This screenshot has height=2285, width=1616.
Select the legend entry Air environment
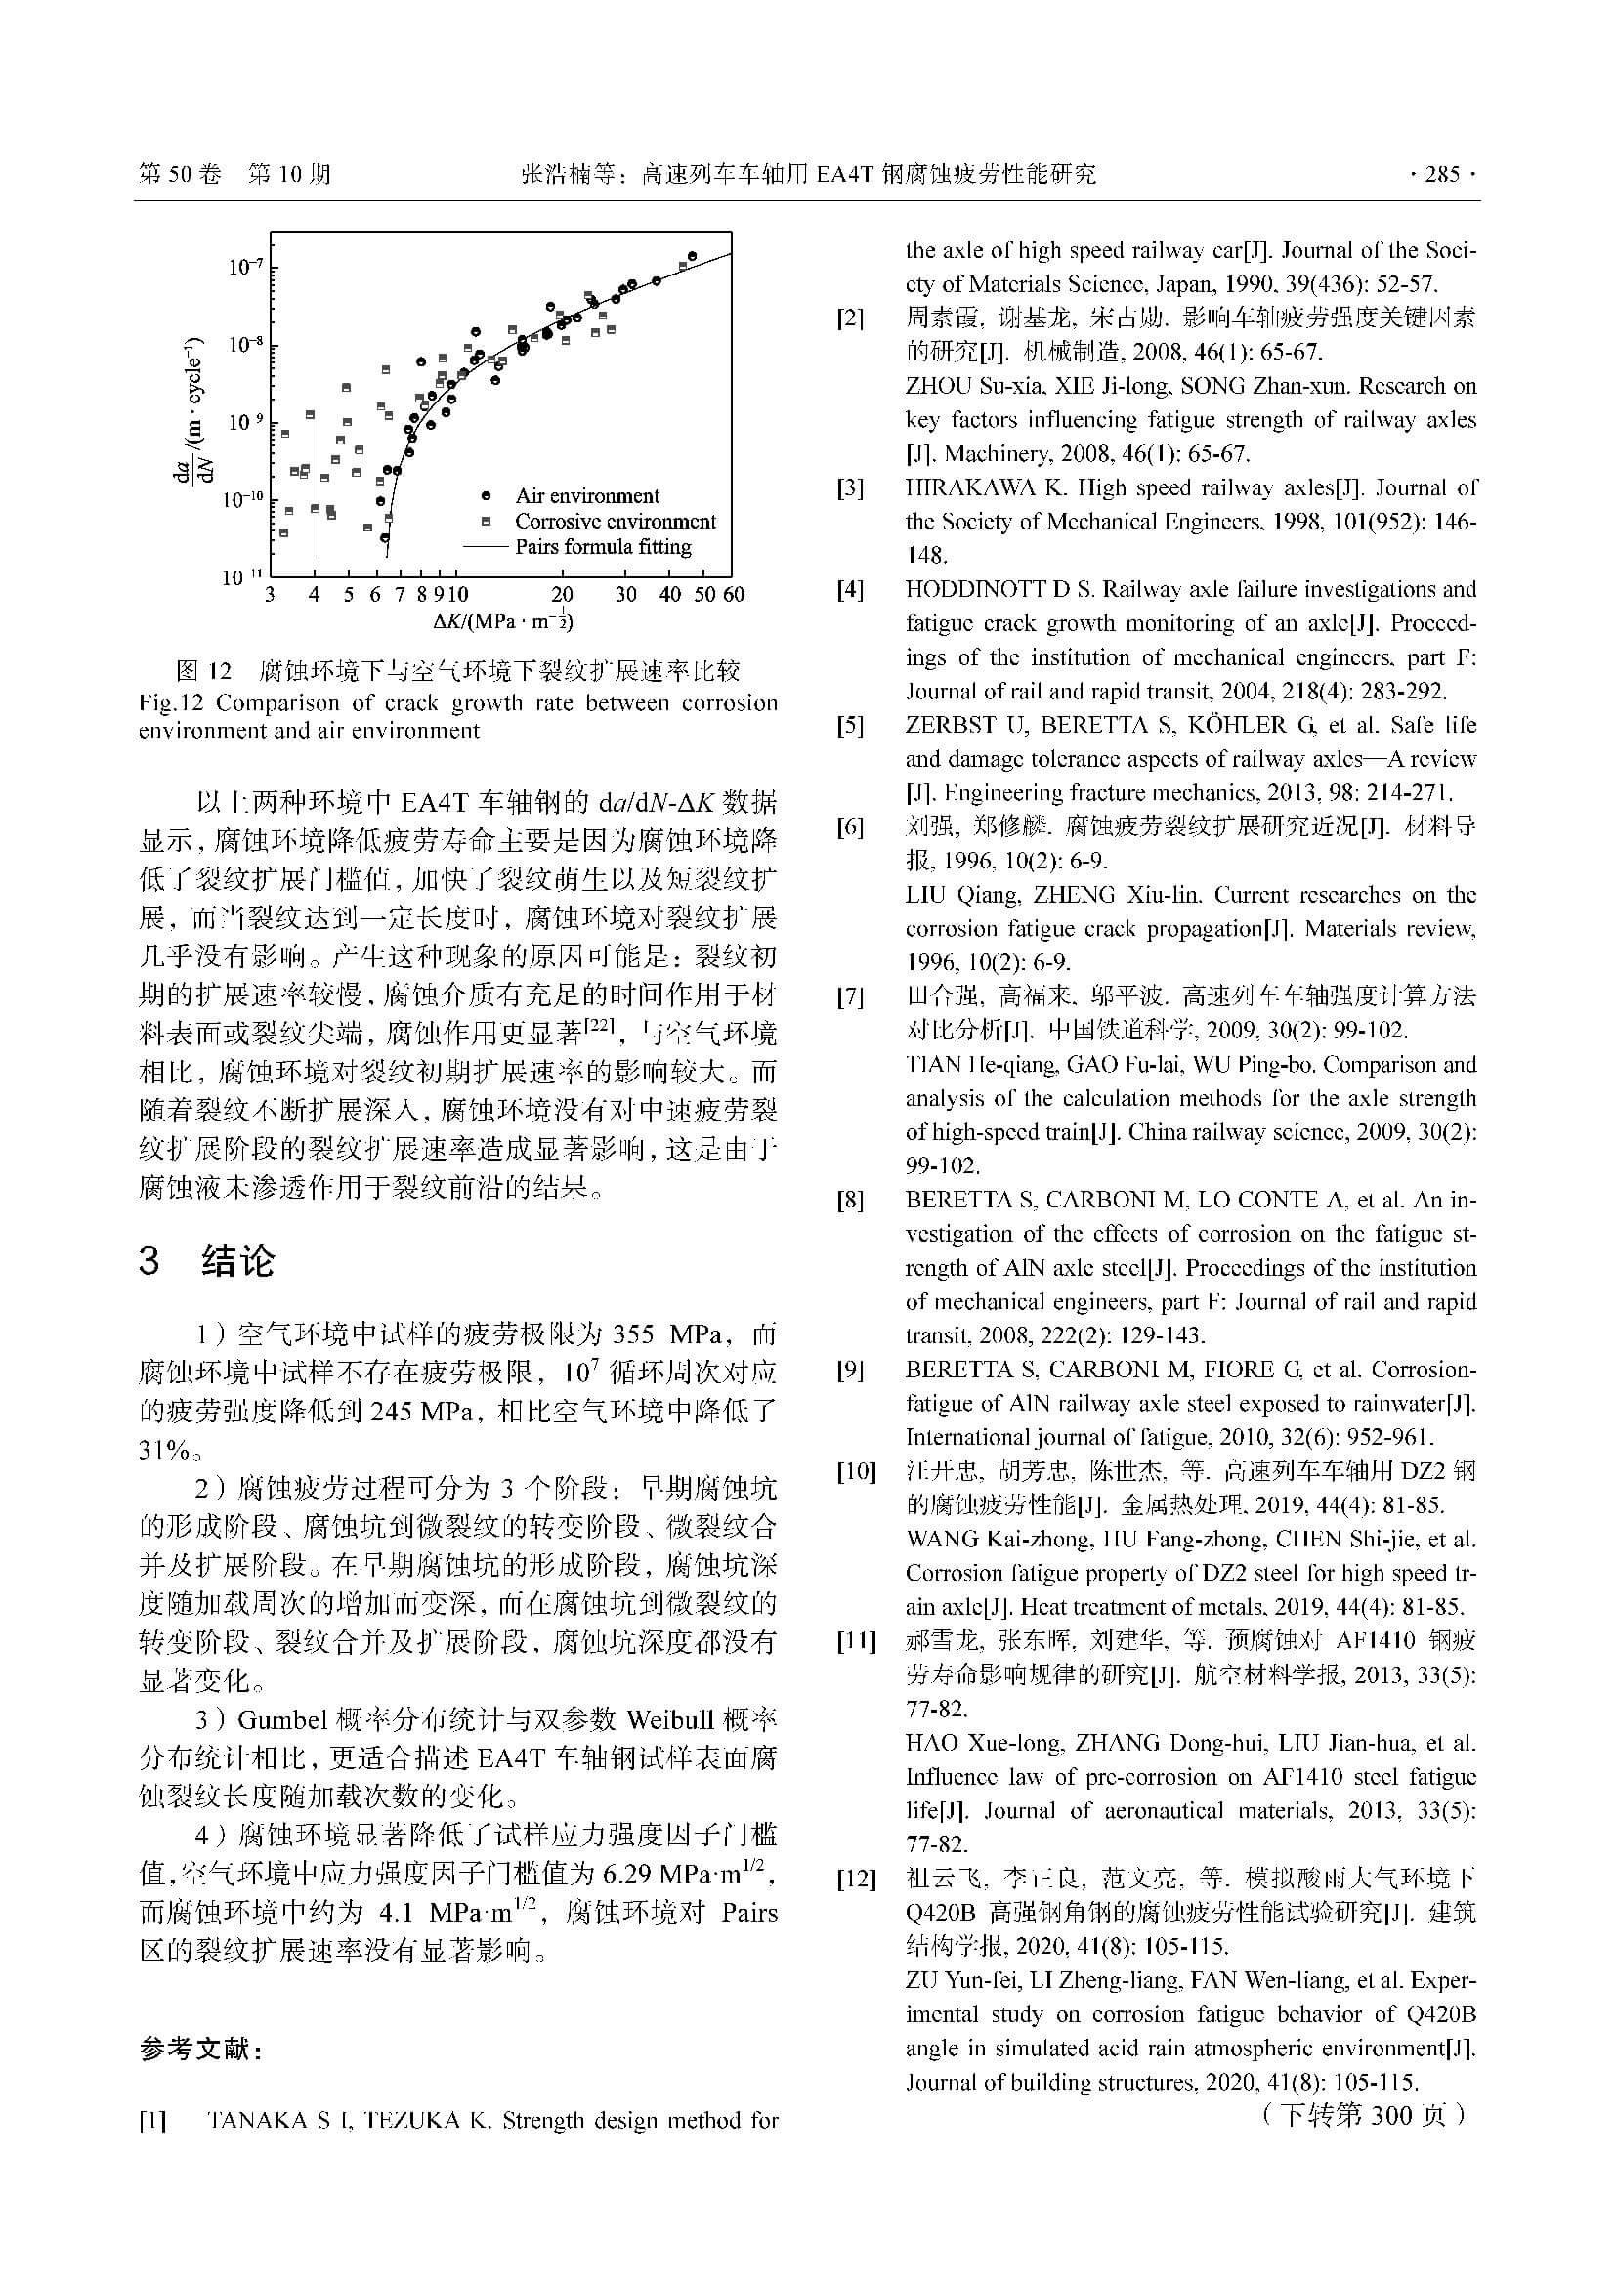[x=586, y=495]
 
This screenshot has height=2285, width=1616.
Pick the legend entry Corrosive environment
[x=614, y=522]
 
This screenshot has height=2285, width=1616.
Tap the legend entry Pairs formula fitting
[x=602, y=547]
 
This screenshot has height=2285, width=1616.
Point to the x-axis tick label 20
[x=561, y=595]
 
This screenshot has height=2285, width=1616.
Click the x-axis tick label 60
[x=734, y=595]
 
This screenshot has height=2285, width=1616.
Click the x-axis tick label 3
[x=270, y=595]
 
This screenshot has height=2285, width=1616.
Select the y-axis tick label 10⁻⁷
[x=246, y=267]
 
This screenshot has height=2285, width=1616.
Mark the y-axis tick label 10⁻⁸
[x=246, y=345]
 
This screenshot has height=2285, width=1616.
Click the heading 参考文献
[x=201, y=2051]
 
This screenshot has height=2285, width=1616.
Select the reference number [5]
[x=850, y=726]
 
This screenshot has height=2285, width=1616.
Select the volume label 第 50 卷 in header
[x=179, y=175]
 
